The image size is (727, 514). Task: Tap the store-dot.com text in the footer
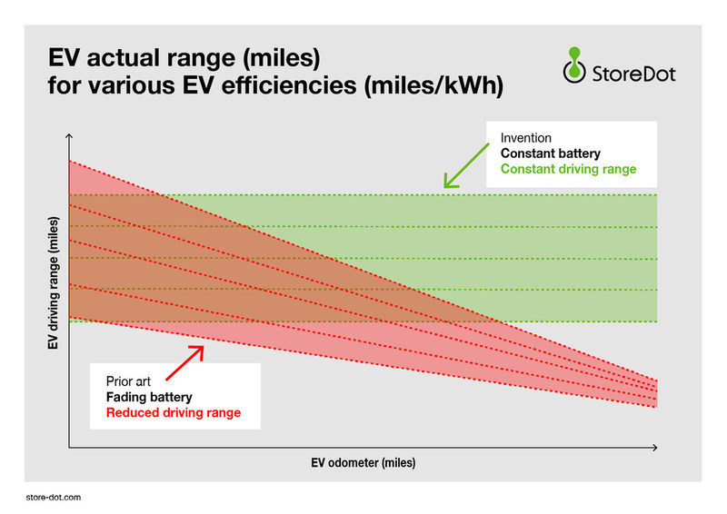55,498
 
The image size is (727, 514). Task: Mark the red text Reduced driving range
172,412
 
